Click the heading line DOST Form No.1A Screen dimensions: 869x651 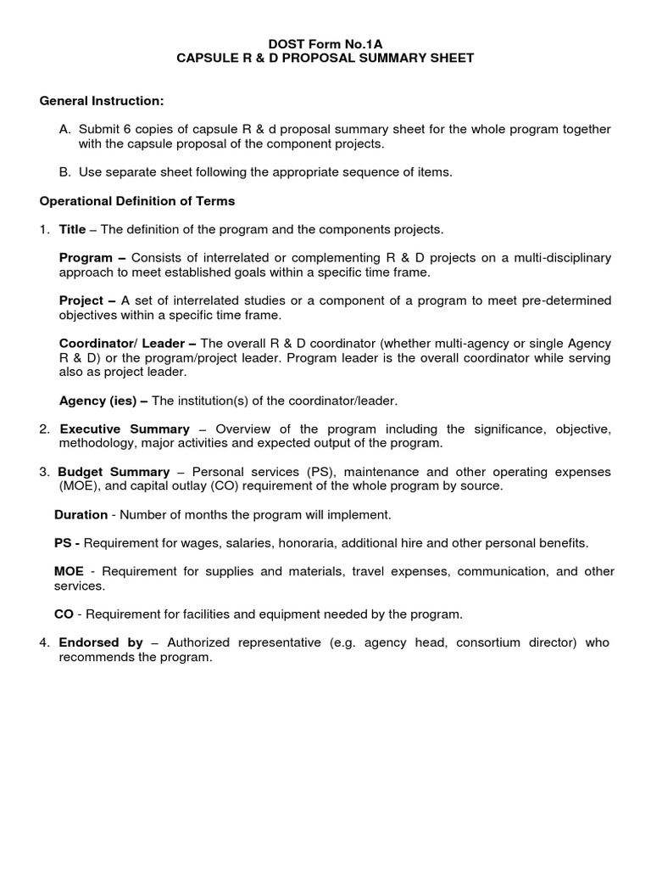(x=325, y=42)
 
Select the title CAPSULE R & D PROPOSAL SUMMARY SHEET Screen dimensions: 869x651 (x=325, y=58)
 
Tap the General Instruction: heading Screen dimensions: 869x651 (x=102, y=101)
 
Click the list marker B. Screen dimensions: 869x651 (x=64, y=172)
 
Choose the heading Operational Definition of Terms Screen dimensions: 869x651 (x=137, y=201)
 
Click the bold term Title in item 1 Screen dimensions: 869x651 (x=73, y=229)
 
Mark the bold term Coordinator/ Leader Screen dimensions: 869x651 (x=127, y=343)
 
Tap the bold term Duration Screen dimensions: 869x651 (x=81, y=514)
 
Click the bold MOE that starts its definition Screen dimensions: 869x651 (x=69, y=572)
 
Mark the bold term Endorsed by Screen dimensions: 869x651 (x=100, y=643)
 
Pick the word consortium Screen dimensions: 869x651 (x=487, y=643)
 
